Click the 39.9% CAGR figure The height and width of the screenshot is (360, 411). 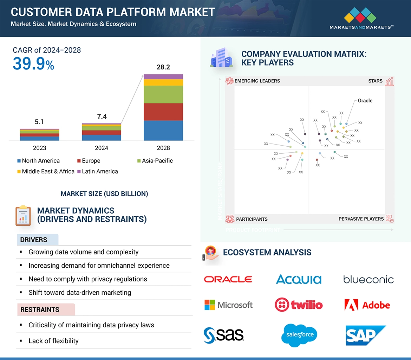point(33,64)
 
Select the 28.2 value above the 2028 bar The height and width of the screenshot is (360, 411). point(163,67)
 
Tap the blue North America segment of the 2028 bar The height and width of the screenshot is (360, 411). point(163,130)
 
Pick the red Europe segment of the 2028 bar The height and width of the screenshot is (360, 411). point(163,112)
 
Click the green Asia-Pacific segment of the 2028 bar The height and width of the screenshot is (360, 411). point(163,94)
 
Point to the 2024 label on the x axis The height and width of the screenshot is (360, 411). point(102,148)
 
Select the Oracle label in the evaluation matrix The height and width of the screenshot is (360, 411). point(365,101)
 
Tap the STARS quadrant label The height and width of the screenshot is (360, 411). point(375,81)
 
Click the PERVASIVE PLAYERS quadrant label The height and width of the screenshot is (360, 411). point(361,219)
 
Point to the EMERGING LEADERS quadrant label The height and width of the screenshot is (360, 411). point(257,81)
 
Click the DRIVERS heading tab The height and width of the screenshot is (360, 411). point(34,240)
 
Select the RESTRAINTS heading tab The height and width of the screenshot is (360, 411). point(40,310)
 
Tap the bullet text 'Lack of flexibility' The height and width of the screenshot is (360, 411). point(53,341)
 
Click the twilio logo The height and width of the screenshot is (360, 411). point(299,305)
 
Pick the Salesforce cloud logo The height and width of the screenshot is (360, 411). point(299,335)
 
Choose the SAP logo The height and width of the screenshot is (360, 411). point(365,335)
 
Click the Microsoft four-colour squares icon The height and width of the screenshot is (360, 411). point(210,305)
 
